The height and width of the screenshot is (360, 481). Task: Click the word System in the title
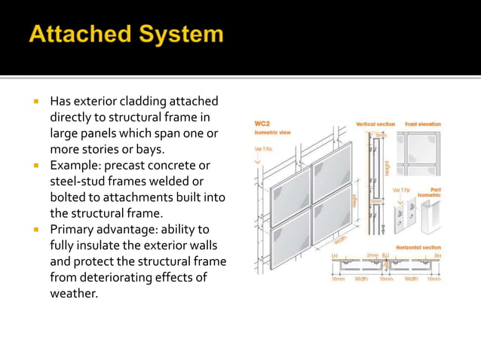(x=182, y=35)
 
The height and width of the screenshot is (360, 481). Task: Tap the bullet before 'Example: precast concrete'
(x=35, y=165)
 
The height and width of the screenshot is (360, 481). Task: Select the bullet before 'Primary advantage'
(x=35, y=229)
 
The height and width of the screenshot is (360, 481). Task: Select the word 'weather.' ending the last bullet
(x=74, y=293)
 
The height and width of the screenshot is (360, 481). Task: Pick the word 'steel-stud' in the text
(x=78, y=182)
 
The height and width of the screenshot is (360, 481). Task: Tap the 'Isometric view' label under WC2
(x=272, y=132)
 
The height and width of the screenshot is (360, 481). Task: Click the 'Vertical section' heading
(x=375, y=124)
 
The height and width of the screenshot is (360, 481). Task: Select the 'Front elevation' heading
(x=422, y=124)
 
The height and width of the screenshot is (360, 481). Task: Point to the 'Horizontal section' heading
(x=418, y=247)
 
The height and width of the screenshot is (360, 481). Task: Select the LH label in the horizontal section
(x=335, y=256)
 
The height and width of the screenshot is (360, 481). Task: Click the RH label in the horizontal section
(x=437, y=256)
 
